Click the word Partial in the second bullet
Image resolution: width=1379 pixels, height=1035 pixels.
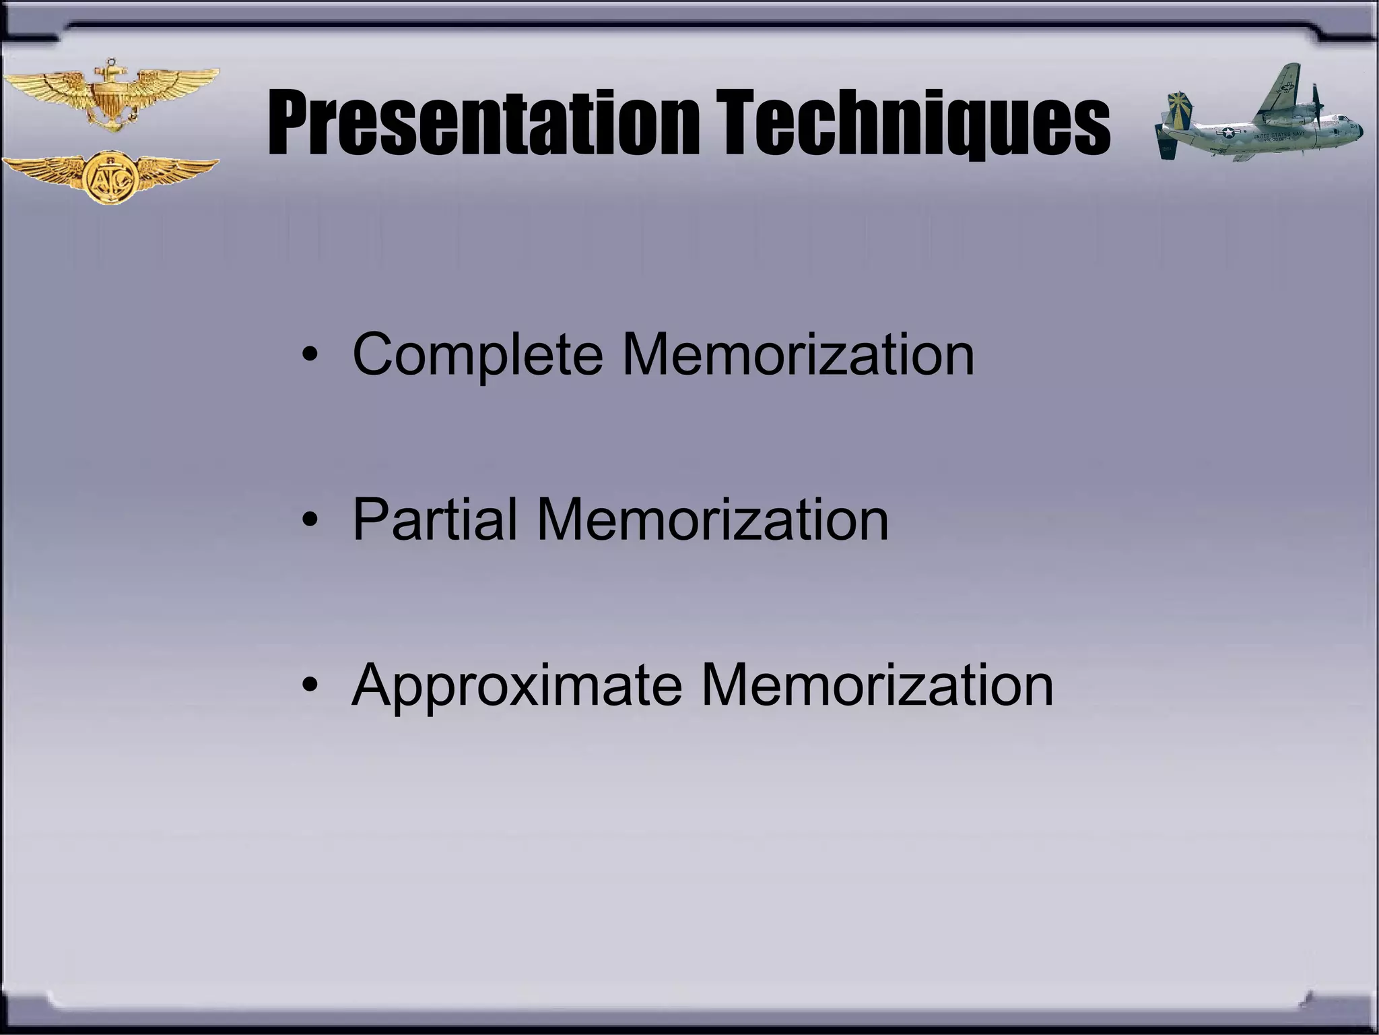435,520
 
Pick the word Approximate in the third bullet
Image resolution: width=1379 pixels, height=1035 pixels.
516,685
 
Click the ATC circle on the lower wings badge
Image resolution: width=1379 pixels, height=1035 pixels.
110,177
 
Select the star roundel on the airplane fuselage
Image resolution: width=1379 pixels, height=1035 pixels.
1230,133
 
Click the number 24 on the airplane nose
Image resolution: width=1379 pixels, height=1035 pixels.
1353,126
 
